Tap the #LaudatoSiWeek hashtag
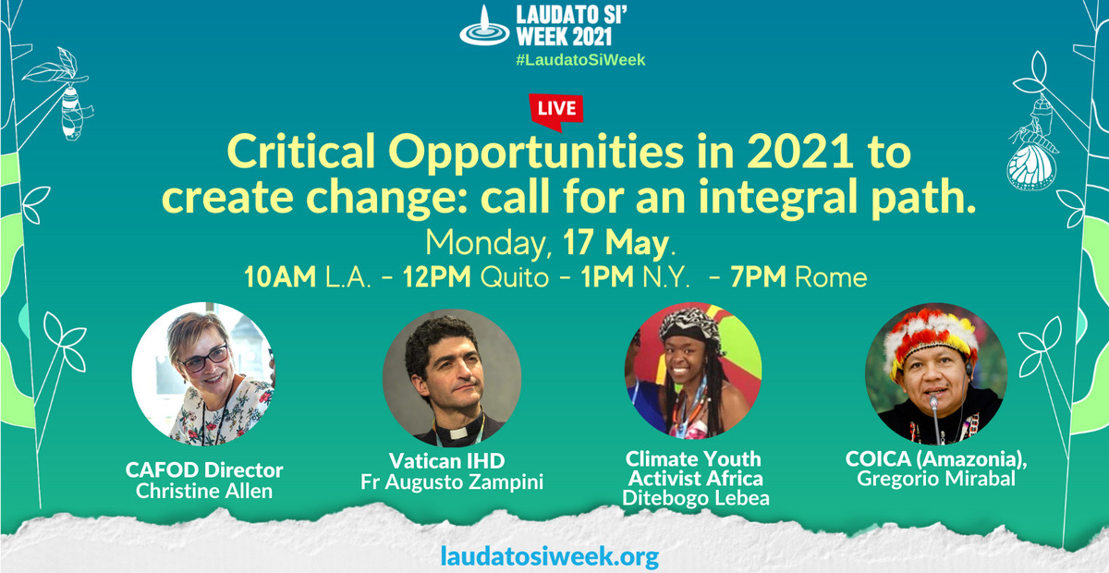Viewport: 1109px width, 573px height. [x=580, y=60]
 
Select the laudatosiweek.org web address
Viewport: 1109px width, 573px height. [x=550, y=555]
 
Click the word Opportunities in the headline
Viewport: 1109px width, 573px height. [x=536, y=152]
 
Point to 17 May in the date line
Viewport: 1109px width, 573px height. [x=615, y=242]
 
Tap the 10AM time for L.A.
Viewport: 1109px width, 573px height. [x=280, y=277]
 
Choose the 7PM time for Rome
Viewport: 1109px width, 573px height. [x=758, y=277]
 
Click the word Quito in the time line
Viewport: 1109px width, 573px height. [x=515, y=277]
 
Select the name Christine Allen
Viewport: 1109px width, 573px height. [x=204, y=491]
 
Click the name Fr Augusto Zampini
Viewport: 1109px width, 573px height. [x=452, y=482]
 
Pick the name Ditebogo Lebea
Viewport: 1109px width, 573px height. [x=696, y=498]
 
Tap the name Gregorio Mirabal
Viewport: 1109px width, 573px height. [x=936, y=479]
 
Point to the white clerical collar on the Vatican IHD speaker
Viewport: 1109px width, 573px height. [x=459, y=433]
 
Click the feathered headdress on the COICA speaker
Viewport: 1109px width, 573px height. [x=932, y=337]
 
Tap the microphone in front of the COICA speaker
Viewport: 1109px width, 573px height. [x=935, y=416]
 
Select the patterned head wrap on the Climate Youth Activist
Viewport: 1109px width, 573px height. [x=690, y=324]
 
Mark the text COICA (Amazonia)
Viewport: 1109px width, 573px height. [x=936, y=459]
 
